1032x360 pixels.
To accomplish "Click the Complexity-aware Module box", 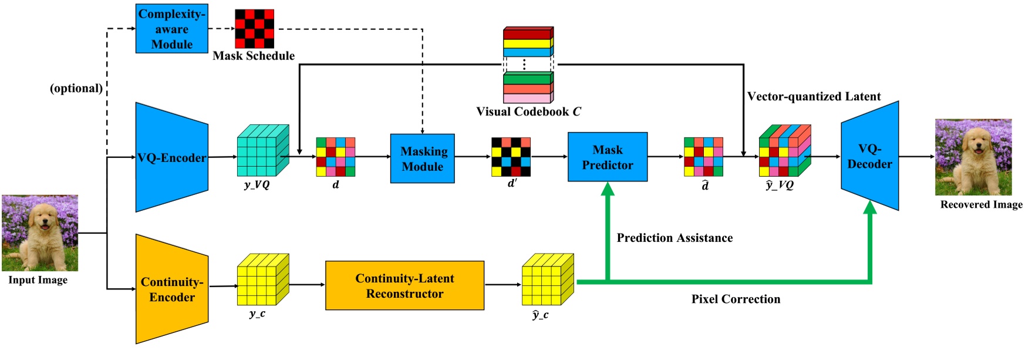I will [171, 29].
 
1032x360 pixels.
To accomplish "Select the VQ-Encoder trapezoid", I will [171, 157].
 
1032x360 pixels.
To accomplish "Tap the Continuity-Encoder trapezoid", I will [171, 289].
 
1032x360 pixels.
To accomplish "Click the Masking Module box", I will [422, 159].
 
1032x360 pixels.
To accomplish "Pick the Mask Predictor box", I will [608, 157].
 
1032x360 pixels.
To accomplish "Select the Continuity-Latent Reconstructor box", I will [404, 285].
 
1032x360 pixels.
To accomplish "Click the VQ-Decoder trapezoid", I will [869, 156].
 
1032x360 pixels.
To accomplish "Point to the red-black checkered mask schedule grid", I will [254, 29].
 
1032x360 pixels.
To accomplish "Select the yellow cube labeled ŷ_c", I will [547, 280].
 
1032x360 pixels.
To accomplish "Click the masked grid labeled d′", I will [511, 157].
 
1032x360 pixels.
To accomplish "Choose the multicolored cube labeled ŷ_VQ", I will [784, 151].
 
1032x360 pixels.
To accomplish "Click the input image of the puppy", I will [40, 233].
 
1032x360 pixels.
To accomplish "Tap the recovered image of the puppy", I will [973, 157].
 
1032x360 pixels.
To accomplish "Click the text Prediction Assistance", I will [674, 238].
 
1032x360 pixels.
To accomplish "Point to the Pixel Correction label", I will [736, 299].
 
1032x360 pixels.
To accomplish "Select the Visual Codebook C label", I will [528, 112].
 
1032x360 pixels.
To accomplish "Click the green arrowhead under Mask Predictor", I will [608, 189].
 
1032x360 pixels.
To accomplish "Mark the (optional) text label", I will [76, 88].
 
